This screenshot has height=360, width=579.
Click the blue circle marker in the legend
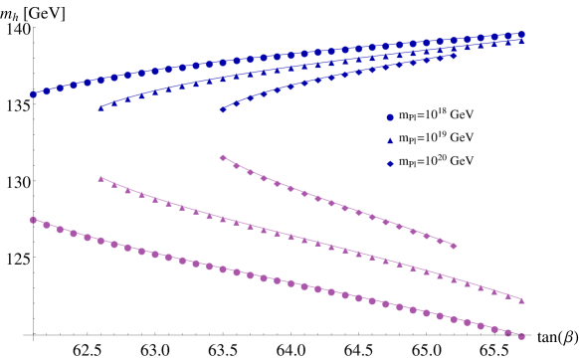(x=390, y=117)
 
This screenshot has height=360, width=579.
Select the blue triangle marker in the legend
(x=390, y=141)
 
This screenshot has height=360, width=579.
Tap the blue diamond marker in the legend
(x=390, y=164)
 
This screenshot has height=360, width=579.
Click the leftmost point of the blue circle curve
(x=33, y=94)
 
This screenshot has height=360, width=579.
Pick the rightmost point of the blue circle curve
(x=521, y=34)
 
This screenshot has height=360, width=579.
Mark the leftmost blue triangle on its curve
(x=100, y=107)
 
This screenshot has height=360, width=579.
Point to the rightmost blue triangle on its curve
(x=521, y=42)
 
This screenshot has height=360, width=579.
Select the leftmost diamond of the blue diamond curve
(x=222, y=109)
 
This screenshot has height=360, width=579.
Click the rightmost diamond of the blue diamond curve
(x=454, y=56)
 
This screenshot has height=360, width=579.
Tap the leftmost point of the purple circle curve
(x=33, y=220)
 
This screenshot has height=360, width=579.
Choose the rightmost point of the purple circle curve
(x=521, y=336)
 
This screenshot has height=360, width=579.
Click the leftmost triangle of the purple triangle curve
(x=100, y=179)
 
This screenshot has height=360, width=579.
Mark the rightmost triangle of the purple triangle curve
(x=521, y=299)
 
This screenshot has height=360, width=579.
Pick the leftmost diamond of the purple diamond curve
(x=222, y=157)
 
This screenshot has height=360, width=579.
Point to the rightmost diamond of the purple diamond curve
(x=454, y=246)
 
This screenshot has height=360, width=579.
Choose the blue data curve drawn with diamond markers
(x=338, y=75)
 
